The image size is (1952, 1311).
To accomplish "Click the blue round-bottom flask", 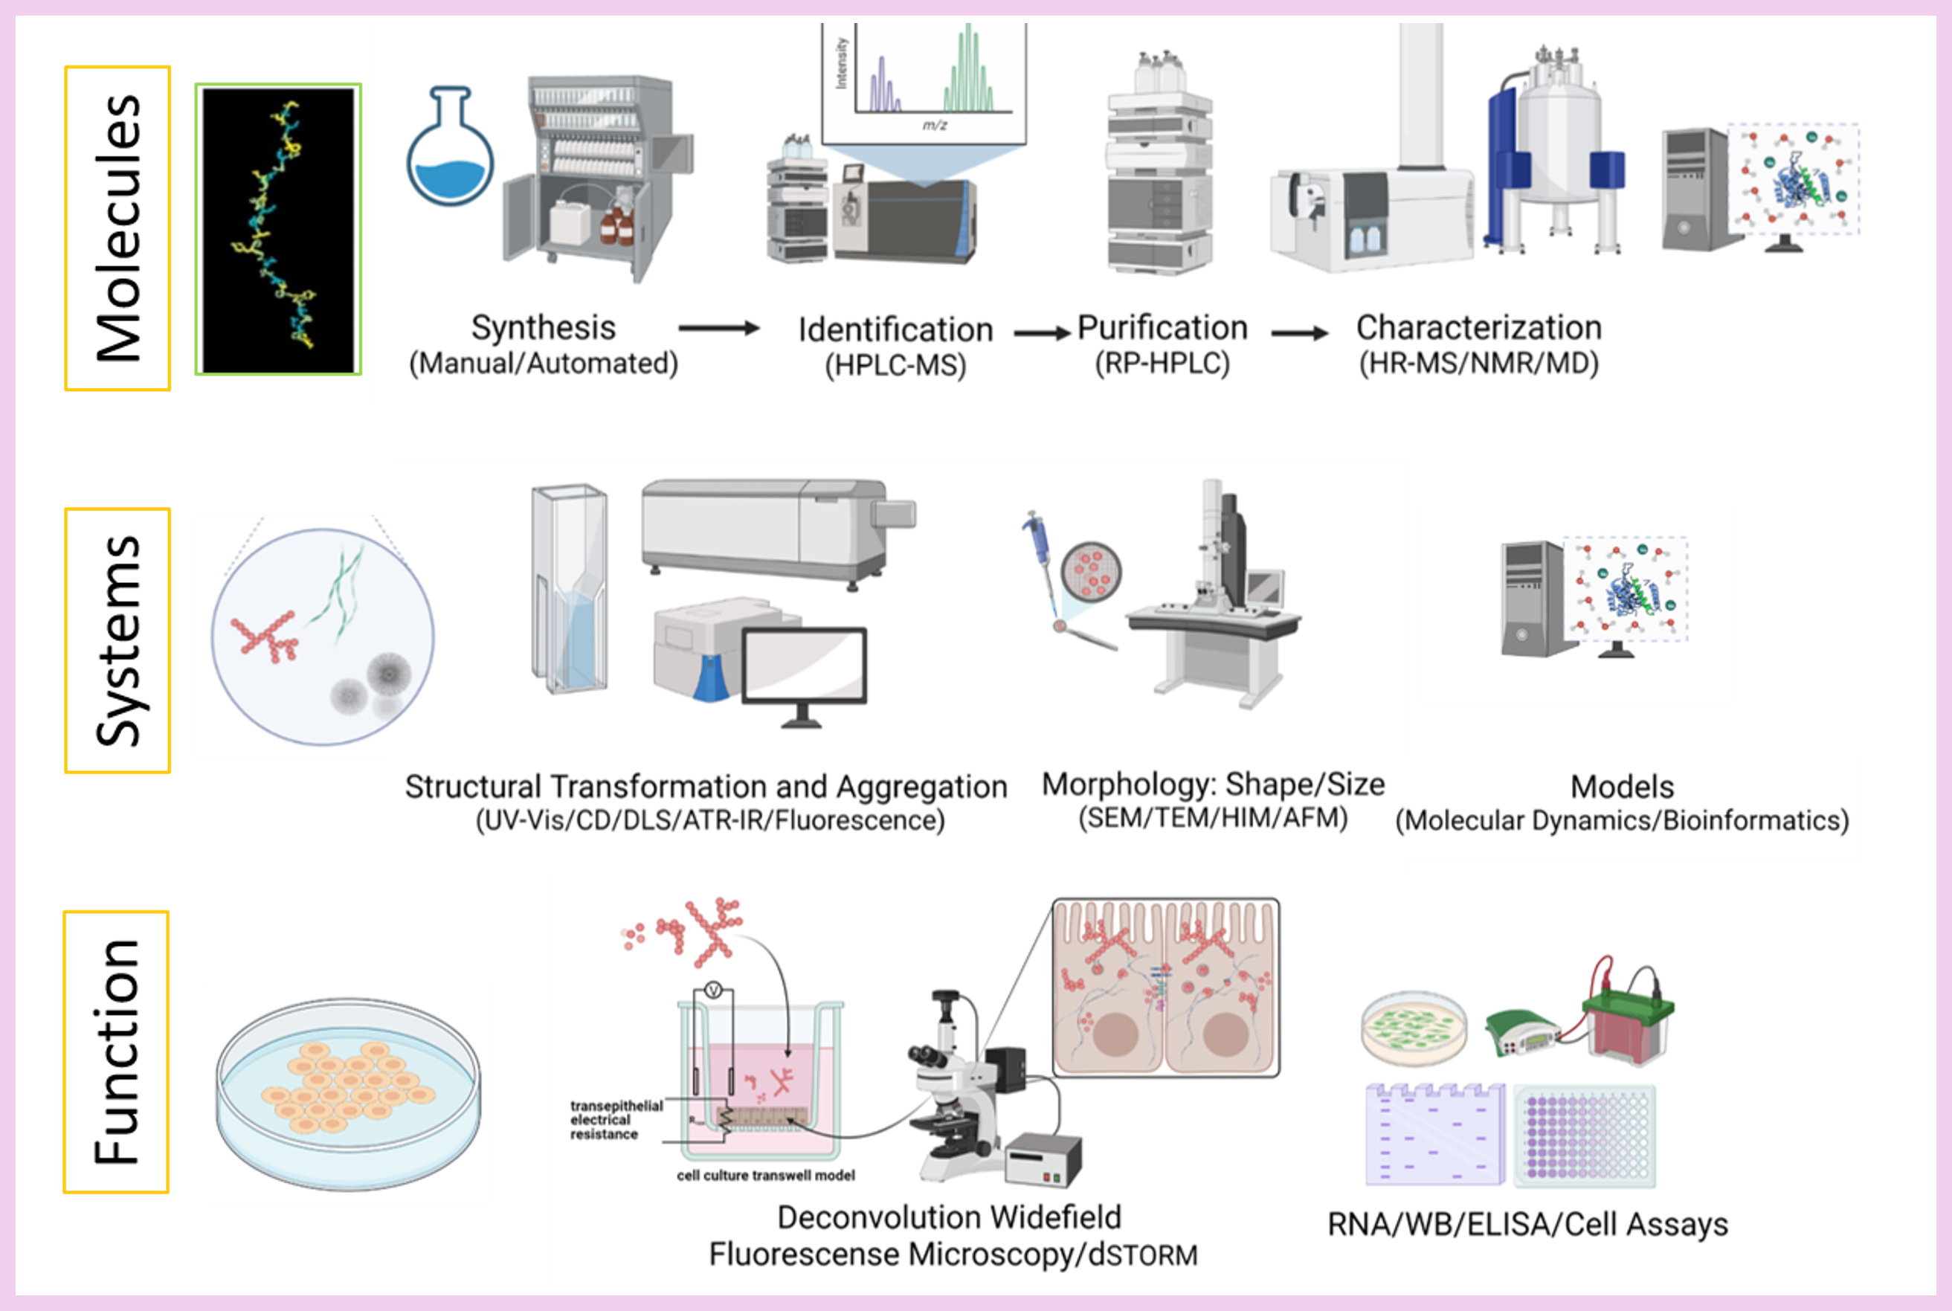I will pyautogui.click(x=450, y=150).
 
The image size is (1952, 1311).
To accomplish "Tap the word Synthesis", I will pyautogui.click(x=544, y=328).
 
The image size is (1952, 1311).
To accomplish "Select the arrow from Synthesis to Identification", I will pyautogui.click(x=718, y=329).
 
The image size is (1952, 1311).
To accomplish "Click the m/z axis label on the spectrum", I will pyautogui.click(x=934, y=126).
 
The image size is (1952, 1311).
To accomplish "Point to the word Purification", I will pyautogui.click(x=1162, y=328).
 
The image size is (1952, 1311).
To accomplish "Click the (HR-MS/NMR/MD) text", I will pyautogui.click(x=1478, y=364).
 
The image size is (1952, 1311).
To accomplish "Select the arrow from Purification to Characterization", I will pyautogui.click(x=1299, y=332).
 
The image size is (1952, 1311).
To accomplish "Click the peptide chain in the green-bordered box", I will pyautogui.click(x=276, y=226).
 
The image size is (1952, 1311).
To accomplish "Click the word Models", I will pyautogui.click(x=1622, y=787).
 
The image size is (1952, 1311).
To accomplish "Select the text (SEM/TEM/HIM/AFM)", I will pyautogui.click(x=1212, y=818).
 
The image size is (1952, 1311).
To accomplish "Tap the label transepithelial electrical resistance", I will pyautogui.click(x=615, y=1120).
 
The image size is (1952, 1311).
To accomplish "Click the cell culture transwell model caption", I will pyautogui.click(x=766, y=1176).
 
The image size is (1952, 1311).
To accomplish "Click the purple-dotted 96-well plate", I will pyautogui.click(x=1585, y=1136).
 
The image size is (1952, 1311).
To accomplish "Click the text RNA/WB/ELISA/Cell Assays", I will pyautogui.click(x=1527, y=1225).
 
